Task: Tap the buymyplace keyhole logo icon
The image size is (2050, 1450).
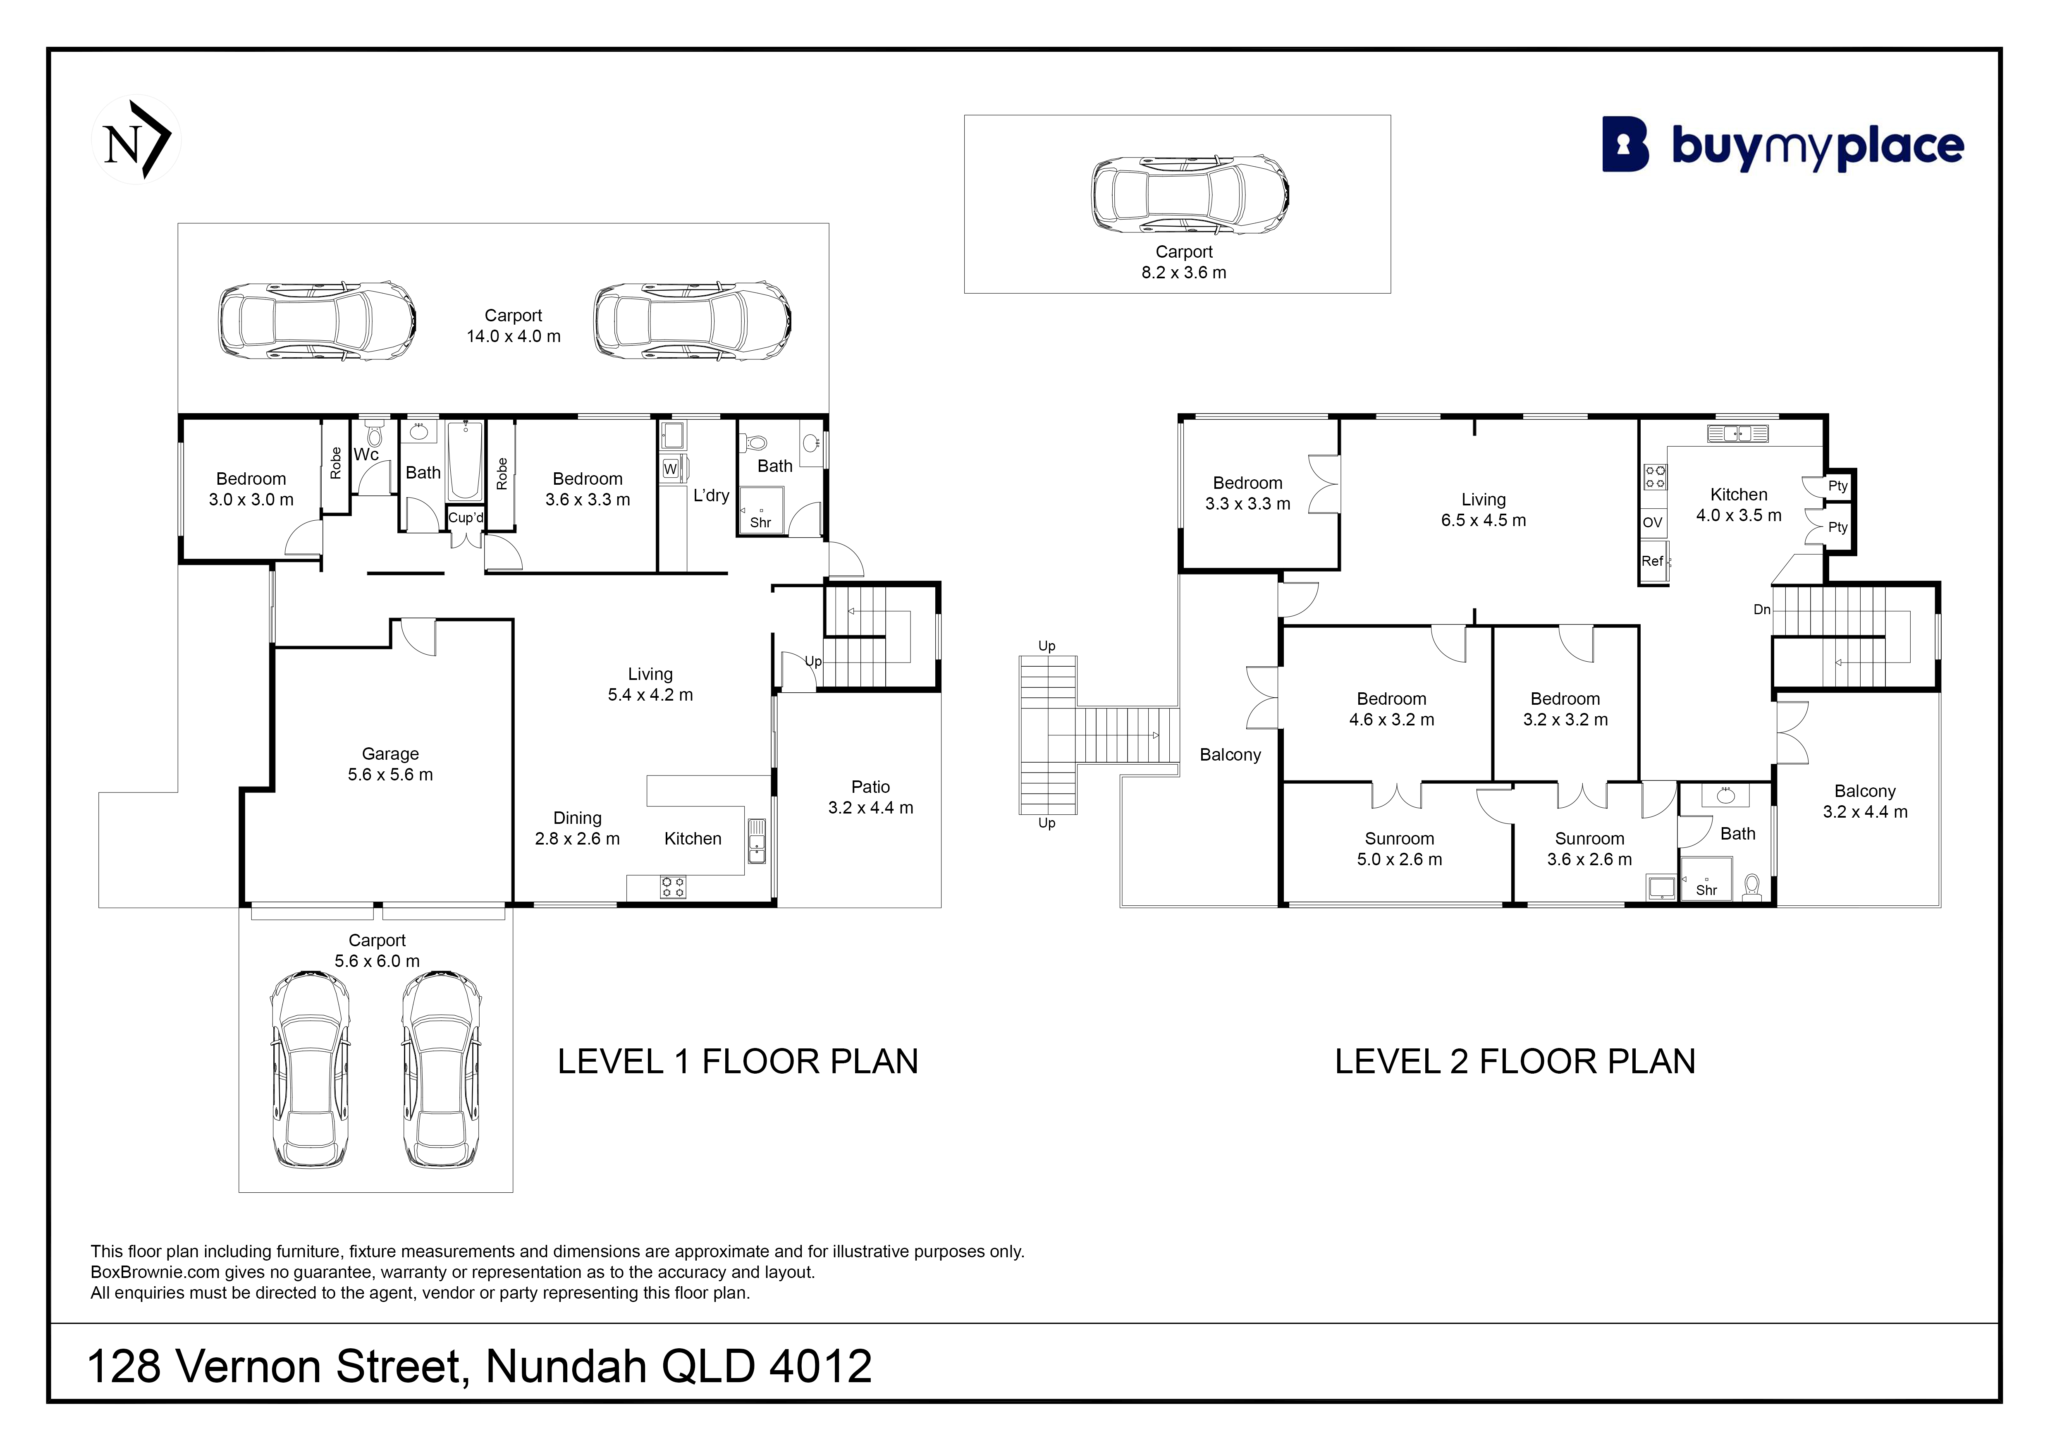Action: click(1625, 145)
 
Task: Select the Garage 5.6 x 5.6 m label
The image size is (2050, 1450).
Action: click(390, 764)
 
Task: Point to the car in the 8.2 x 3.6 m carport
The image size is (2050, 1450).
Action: click(1190, 195)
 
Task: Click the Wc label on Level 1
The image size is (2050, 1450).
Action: click(366, 455)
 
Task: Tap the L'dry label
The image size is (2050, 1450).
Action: click(712, 495)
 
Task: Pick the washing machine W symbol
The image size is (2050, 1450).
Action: click(671, 469)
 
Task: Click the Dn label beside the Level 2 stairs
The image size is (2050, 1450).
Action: click(1762, 610)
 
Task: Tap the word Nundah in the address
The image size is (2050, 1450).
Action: click(566, 1366)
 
